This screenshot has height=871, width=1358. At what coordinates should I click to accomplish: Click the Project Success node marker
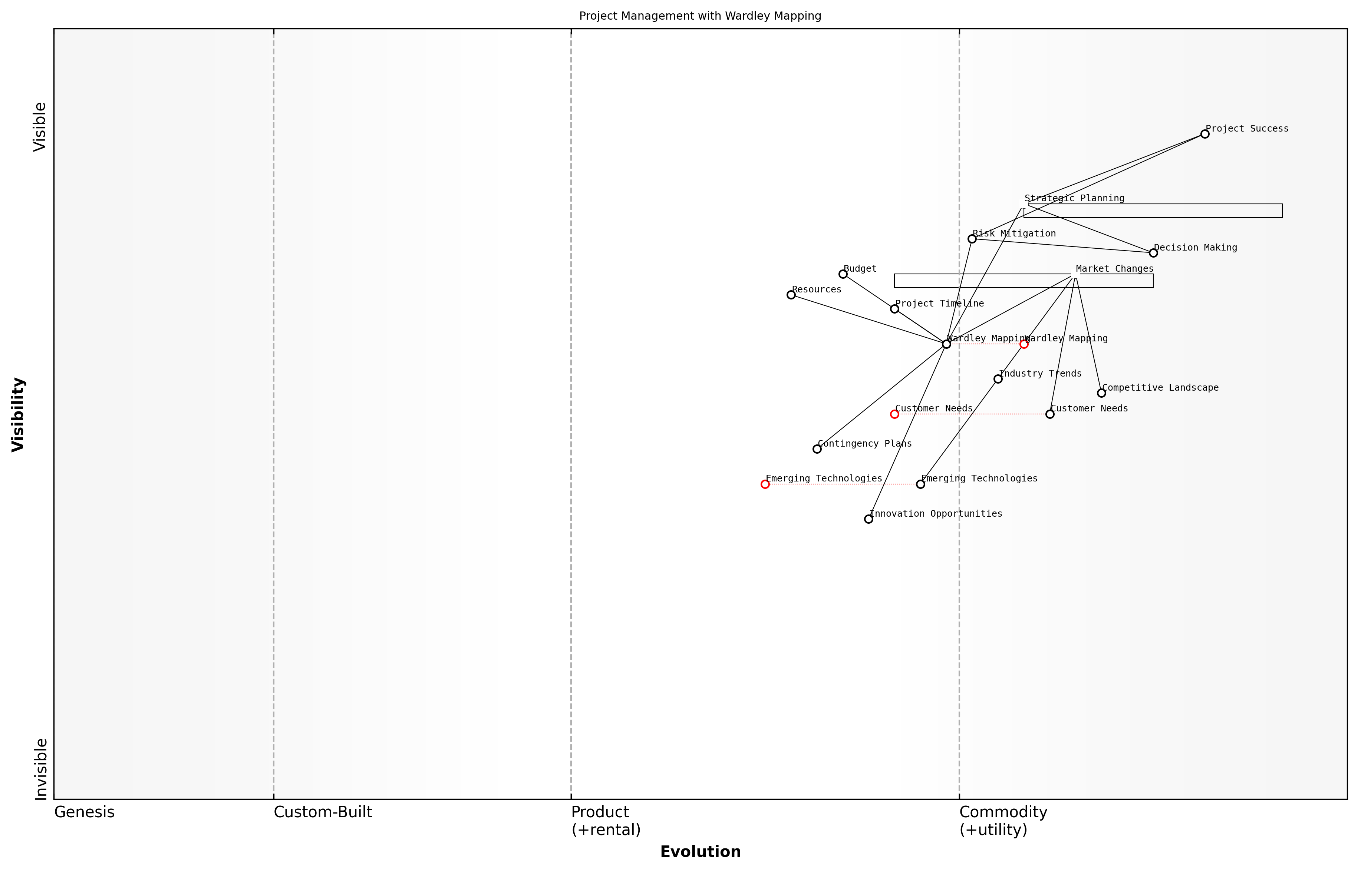tap(1204, 134)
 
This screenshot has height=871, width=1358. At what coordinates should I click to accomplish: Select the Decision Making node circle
tap(1153, 253)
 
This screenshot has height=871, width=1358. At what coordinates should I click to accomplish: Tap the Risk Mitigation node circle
tap(972, 239)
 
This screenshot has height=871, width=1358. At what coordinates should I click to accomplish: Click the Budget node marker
tap(843, 274)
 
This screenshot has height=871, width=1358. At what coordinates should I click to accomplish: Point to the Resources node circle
tap(791, 295)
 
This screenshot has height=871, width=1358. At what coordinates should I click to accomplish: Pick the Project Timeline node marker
tap(894, 309)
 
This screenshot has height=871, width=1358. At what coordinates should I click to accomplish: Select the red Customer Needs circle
tap(894, 414)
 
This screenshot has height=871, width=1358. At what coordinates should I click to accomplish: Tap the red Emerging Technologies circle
tap(765, 484)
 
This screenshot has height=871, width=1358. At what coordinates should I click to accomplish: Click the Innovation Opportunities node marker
tap(868, 519)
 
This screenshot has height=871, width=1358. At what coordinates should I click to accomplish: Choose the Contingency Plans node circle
tap(817, 449)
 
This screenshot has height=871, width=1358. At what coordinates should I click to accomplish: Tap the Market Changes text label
tap(1114, 269)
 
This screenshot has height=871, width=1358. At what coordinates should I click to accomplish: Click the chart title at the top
tap(700, 16)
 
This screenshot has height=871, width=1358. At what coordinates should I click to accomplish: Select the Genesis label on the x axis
tap(84, 812)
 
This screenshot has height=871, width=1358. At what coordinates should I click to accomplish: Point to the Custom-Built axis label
tap(323, 812)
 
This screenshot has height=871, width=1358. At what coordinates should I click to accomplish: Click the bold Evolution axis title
tap(700, 852)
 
